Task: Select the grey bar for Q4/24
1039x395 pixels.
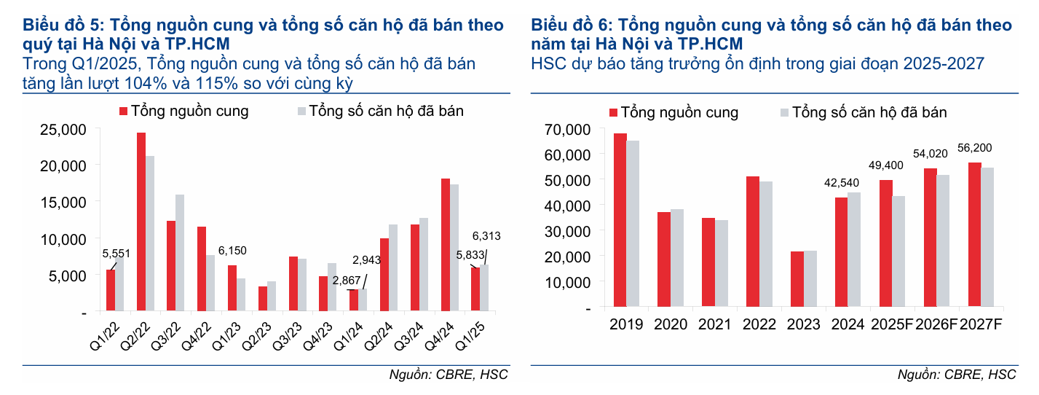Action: tap(454, 248)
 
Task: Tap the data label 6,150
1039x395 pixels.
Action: tap(232, 251)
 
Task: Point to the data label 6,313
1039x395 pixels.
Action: tap(486, 236)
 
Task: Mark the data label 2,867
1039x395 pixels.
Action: tap(346, 281)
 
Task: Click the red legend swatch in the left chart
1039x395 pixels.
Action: tap(123, 112)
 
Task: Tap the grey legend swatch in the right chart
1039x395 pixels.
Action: tap(784, 112)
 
